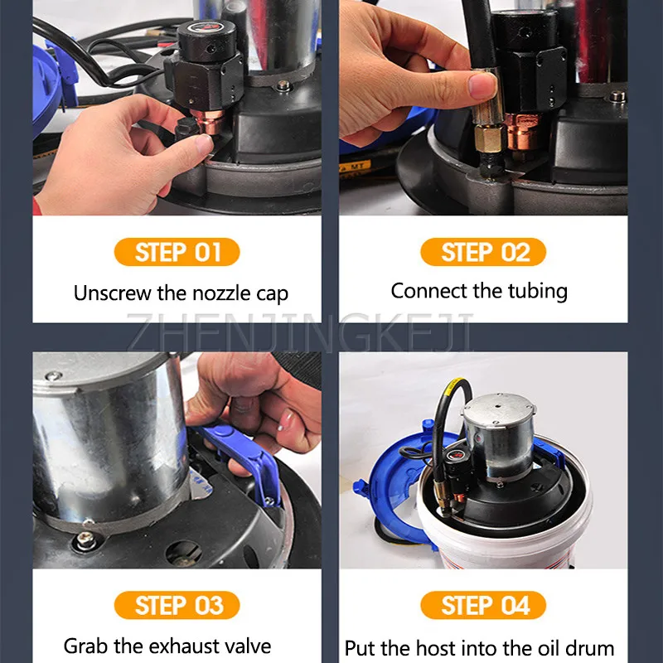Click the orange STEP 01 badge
[x=177, y=252]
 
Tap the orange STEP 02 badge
[x=483, y=252]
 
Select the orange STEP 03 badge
[x=177, y=605]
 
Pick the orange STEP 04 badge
[x=483, y=605]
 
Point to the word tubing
[x=539, y=291]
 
